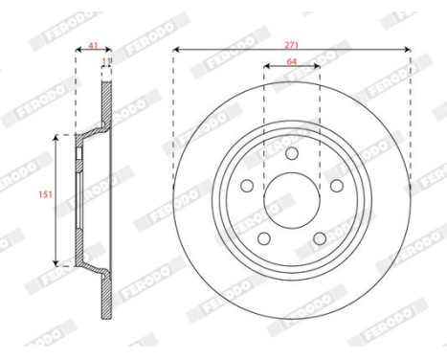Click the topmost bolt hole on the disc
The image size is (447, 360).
click(292, 152)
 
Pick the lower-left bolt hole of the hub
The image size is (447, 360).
click(264, 238)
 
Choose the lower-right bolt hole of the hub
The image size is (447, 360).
click(320, 238)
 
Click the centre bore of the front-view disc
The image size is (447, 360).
click(292, 201)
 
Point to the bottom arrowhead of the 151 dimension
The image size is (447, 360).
click(56, 261)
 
